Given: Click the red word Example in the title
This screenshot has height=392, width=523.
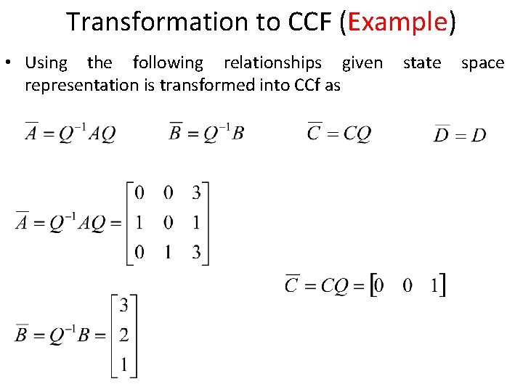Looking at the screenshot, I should click(x=397, y=22).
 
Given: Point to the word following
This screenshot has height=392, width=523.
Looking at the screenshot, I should click(x=168, y=63).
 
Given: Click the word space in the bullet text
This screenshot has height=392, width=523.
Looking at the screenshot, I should click(x=483, y=63).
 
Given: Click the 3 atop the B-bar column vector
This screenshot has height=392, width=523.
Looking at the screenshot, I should click(x=124, y=304).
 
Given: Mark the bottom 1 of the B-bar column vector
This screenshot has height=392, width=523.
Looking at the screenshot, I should click(x=124, y=366).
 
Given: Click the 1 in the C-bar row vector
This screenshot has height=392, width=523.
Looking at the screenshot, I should click(x=434, y=285).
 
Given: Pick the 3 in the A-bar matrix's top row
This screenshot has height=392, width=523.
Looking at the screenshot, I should click(x=196, y=192).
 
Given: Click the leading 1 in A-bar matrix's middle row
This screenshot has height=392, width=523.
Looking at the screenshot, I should click(x=139, y=223).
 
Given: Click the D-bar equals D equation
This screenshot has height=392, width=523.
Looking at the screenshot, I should click(x=460, y=134).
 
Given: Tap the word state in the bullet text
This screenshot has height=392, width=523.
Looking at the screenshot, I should click(x=422, y=63).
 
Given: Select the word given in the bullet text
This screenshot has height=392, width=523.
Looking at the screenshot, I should click(x=362, y=63).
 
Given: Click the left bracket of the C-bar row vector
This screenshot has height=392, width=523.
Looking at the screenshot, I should click(x=374, y=285).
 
